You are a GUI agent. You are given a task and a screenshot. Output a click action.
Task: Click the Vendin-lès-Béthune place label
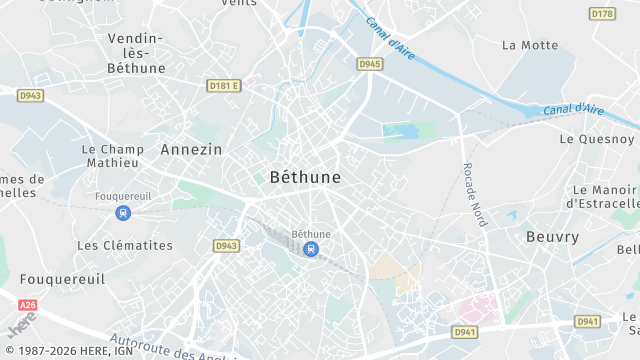point(136,53)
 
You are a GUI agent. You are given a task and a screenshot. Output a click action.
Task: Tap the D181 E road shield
point(224,86)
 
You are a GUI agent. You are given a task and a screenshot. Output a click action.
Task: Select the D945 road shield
point(370,64)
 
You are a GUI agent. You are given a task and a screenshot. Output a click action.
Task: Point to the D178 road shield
point(602,13)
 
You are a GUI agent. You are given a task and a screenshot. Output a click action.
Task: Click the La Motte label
point(530,45)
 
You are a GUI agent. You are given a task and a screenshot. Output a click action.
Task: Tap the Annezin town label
point(192,149)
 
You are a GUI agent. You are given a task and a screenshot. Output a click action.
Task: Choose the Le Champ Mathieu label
point(112,155)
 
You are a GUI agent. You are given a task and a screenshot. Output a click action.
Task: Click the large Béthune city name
point(305,177)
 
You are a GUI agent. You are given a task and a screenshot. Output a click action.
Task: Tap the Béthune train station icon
point(311,248)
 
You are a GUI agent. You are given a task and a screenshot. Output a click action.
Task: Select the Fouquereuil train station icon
point(123,212)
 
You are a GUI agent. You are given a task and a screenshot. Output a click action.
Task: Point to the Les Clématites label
point(125,245)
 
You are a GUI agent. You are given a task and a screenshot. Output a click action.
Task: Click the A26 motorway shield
point(27,305)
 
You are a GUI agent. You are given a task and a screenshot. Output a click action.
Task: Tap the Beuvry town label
point(552,237)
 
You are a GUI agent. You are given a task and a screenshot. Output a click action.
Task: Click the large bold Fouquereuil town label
point(62,280)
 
